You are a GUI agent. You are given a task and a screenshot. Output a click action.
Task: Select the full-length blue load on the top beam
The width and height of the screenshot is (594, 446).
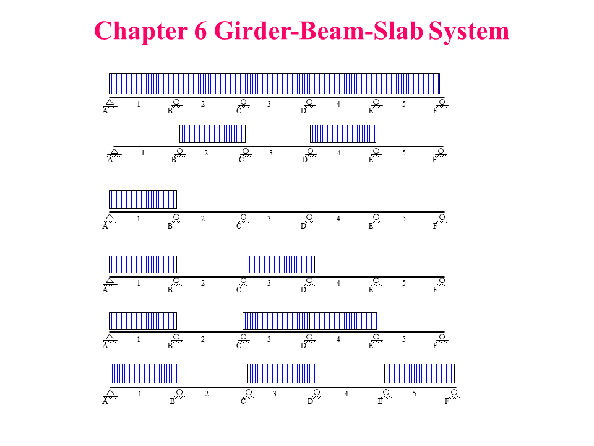[x=274, y=84]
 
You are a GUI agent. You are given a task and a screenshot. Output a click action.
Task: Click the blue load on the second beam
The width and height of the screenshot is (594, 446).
[x=212, y=134]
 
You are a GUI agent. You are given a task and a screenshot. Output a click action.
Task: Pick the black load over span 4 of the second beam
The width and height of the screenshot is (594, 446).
[x=343, y=134]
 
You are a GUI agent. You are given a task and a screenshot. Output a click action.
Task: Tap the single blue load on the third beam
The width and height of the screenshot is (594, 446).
[x=143, y=199]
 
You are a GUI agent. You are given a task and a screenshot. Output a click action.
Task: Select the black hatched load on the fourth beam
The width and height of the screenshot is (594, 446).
[x=281, y=265]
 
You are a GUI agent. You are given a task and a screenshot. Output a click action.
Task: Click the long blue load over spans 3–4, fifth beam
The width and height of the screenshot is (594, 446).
[x=310, y=321]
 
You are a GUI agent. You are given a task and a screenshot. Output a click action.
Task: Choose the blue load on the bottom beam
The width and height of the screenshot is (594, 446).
[x=282, y=374]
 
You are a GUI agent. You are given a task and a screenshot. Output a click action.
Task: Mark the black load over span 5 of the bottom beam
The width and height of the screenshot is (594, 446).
[x=420, y=374]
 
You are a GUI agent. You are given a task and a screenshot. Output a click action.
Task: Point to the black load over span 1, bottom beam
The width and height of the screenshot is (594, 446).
[x=145, y=374]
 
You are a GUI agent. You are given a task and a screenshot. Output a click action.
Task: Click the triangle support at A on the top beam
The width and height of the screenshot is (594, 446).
[x=110, y=102]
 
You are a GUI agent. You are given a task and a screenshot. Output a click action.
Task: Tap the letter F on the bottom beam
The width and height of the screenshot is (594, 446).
[x=447, y=401]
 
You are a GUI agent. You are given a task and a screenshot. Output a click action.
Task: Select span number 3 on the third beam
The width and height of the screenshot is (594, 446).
[x=269, y=219]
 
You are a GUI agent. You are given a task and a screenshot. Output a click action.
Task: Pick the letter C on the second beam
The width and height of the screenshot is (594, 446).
[x=241, y=160]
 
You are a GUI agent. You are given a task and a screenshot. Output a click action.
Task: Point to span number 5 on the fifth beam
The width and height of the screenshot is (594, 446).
[x=404, y=339]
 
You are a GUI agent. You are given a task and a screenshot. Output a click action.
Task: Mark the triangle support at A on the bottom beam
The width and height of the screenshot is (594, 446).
[x=110, y=393]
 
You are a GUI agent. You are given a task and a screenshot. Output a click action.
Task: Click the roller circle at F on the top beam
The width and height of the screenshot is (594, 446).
[x=442, y=102]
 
